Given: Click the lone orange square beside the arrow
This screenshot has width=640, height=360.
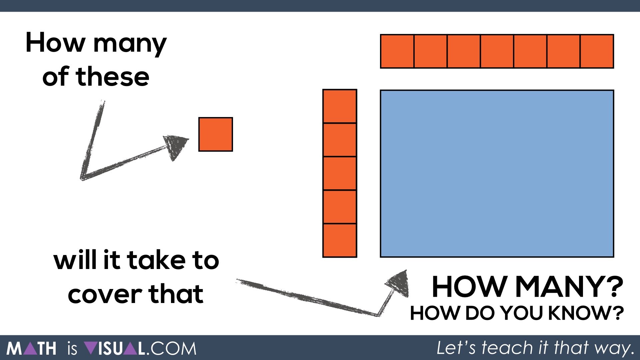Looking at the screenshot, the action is coord(216,134).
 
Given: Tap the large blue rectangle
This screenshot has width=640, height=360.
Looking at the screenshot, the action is coord(497,174).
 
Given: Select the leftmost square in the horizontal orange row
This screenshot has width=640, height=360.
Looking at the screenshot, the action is coord(397,51).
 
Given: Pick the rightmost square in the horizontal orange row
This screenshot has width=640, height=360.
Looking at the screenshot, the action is coord(597,51).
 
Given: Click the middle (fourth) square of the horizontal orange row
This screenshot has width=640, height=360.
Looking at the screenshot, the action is coord(497,51).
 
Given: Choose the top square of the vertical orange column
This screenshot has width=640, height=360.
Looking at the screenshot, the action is coord(340,106).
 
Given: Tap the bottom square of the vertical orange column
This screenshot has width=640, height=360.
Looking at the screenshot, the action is coord(340,240).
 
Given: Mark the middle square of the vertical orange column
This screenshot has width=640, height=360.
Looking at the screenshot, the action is coord(340,173).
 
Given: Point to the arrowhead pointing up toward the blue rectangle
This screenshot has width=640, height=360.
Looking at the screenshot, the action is coord(398,283).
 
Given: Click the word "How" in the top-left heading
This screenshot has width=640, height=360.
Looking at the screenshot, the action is coord(55,43).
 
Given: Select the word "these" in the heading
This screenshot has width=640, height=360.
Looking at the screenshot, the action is coord(112,77).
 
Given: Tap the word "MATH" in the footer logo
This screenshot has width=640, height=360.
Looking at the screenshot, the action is coord(31,349).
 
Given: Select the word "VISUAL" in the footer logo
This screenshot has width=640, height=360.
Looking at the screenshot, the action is coord(115,349).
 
